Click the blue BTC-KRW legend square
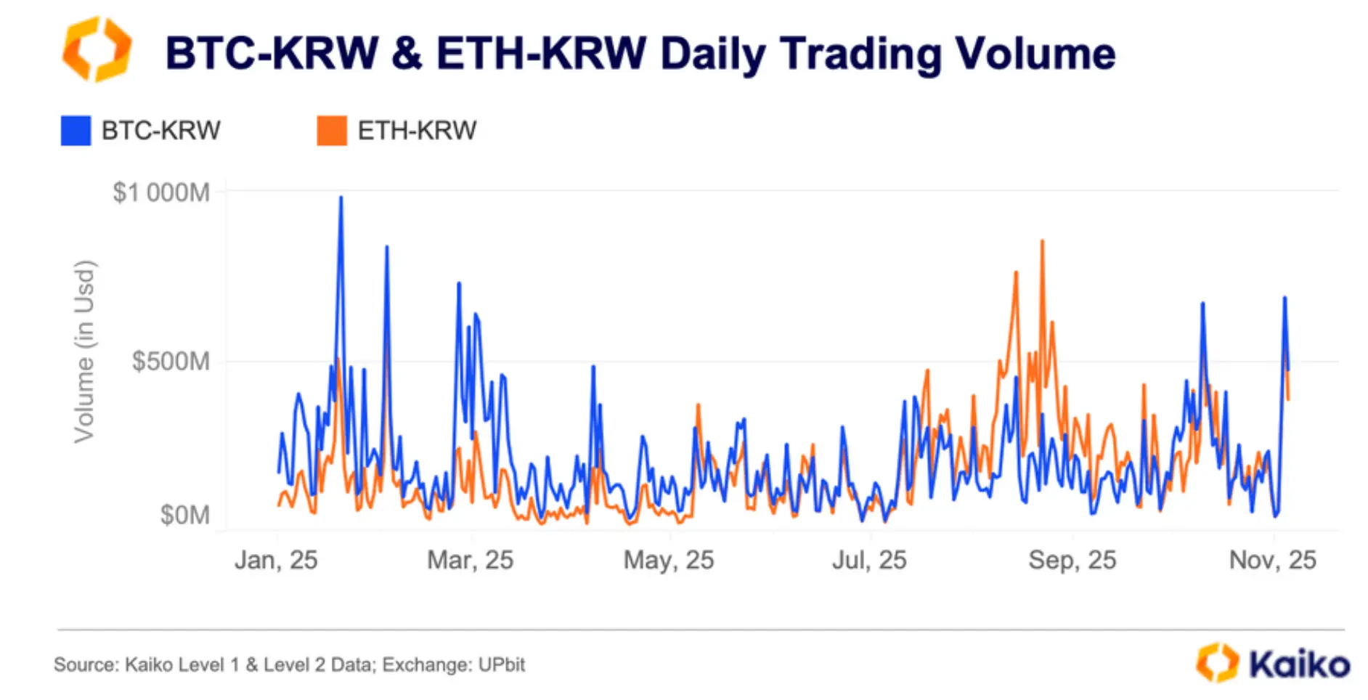[76, 131]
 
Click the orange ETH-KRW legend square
[332, 131]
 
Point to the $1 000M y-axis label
[160, 192]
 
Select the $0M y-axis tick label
[184, 515]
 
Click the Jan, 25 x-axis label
[275, 560]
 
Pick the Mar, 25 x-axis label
[470, 560]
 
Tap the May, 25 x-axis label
[668, 560]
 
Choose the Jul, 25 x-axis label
[868, 560]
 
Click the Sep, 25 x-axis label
[1072, 560]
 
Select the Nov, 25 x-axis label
[1272, 560]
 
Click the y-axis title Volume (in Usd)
[84, 351]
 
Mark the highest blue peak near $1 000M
[341, 198]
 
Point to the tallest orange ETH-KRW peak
[1042, 242]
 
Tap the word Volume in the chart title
[1035, 54]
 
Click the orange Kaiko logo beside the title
[97, 49]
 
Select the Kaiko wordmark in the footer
[1298, 664]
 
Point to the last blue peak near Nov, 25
[1284, 298]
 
